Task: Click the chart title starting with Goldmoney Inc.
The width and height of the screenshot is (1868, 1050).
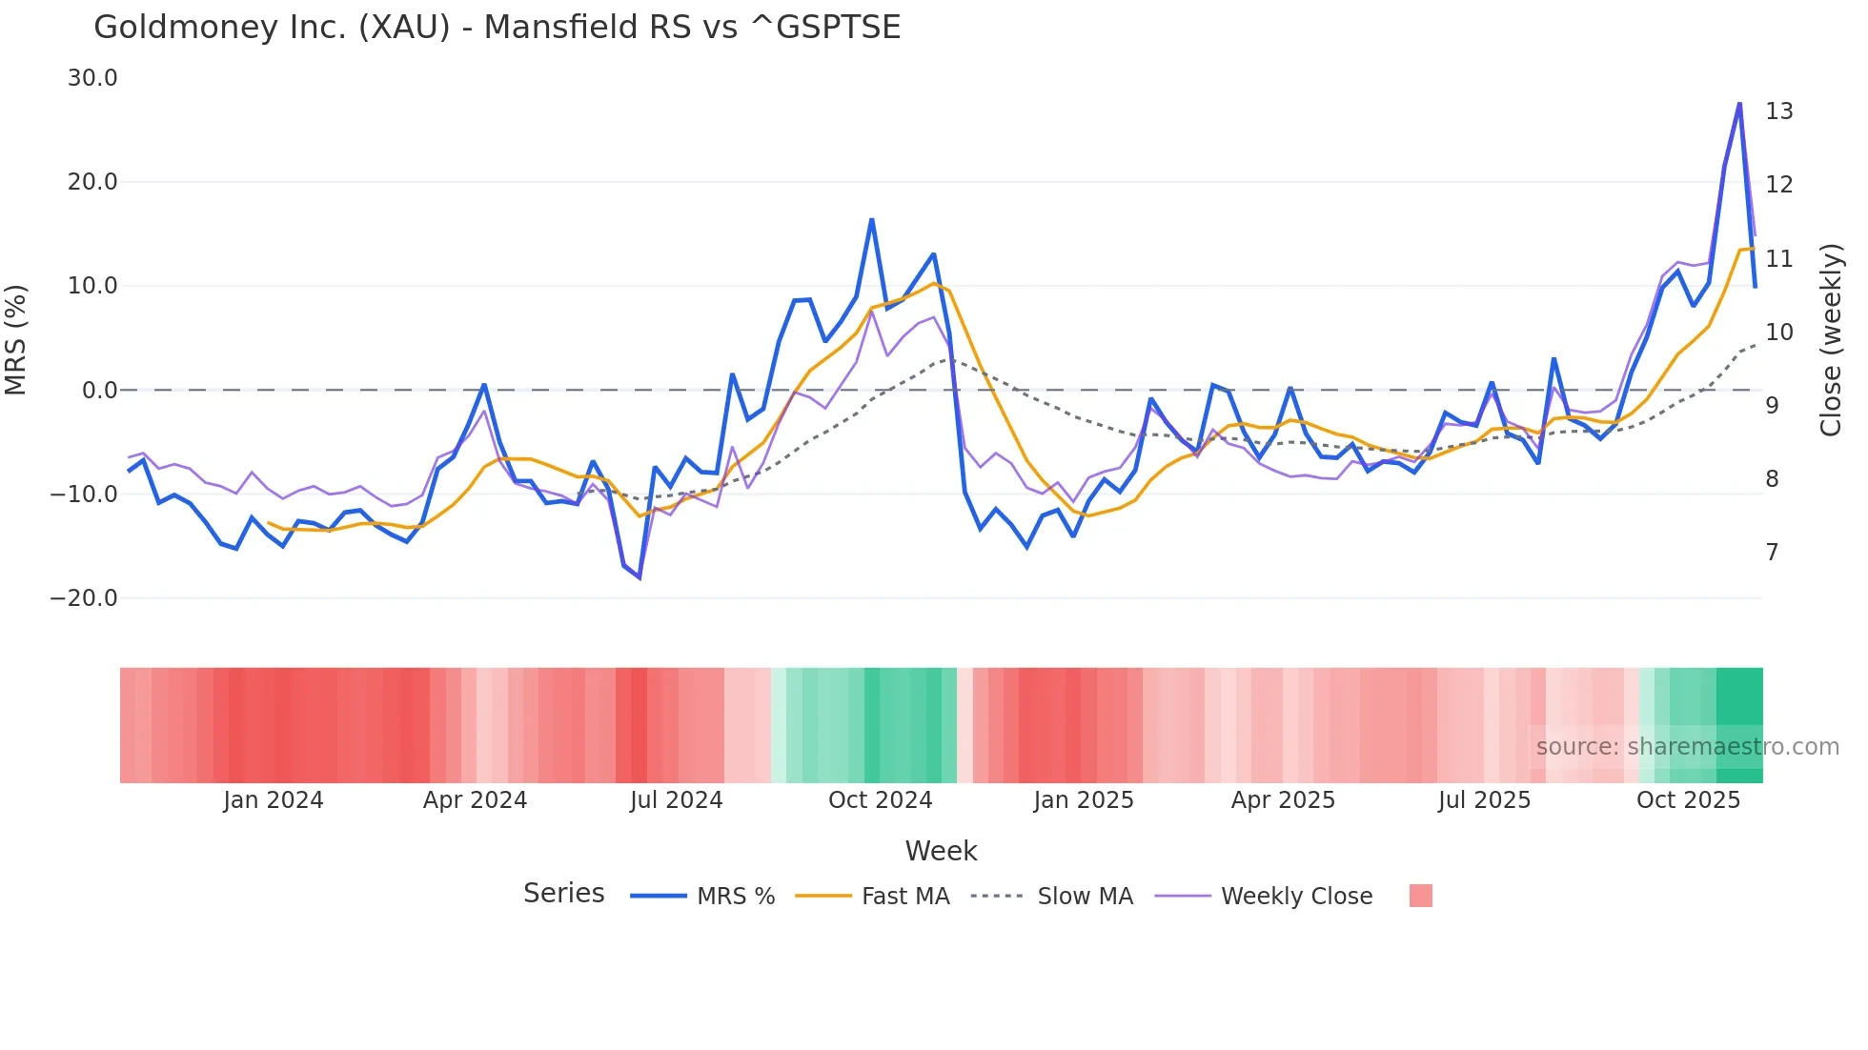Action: (497, 28)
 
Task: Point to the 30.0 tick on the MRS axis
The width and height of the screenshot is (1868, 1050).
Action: (92, 78)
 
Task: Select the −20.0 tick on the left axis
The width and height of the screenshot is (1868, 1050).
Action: (84, 598)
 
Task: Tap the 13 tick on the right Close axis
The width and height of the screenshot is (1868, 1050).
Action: (1778, 111)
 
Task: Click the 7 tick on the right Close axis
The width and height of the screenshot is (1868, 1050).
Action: (1772, 553)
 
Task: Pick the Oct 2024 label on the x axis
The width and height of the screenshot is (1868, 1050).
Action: (880, 800)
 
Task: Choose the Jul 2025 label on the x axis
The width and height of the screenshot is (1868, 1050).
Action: (1484, 800)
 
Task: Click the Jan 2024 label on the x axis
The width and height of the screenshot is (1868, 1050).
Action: (274, 800)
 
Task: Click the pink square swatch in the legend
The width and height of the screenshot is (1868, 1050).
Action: (1420, 896)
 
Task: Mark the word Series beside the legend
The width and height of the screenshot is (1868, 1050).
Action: (563, 894)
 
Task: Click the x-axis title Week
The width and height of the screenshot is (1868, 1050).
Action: (941, 851)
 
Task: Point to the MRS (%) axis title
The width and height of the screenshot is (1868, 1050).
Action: (16, 339)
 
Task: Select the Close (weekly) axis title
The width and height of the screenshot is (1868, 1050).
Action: (1830, 339)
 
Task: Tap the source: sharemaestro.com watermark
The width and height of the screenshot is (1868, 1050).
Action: (1687, 747)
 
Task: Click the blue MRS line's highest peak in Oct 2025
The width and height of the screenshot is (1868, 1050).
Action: (1739, 104)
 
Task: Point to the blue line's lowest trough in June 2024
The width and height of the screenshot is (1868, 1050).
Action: (640, 577)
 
